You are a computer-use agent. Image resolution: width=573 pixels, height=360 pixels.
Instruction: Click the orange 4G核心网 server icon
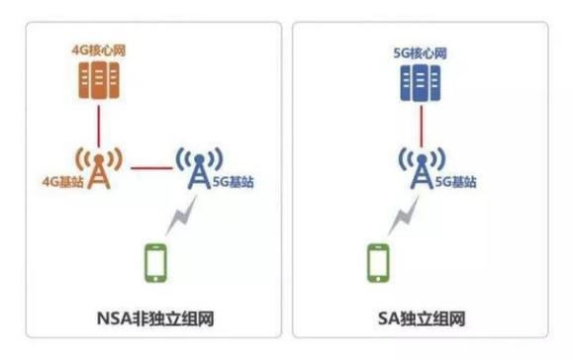(x=98, y=78)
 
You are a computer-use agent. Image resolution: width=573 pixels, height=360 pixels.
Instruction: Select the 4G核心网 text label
(x=97, y=45)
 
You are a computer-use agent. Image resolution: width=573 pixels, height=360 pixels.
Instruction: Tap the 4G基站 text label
(x=60, y=183)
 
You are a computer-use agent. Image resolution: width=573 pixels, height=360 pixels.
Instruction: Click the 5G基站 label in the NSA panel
(x=233, y=183)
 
